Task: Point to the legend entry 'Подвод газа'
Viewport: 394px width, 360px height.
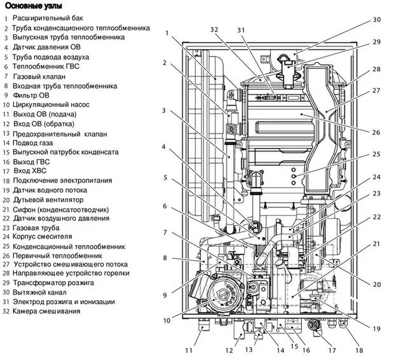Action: [35, 143]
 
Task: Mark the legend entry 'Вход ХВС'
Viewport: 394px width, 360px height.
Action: [31, 172]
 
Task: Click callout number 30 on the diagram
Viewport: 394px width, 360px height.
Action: [377, 20]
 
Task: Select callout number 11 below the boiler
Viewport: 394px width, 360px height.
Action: [188, 349]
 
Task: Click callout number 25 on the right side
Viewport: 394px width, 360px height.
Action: [376, 154]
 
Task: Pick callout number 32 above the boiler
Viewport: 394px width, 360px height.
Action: [214, 30]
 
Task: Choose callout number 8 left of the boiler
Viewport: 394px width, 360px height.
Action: [165, 258]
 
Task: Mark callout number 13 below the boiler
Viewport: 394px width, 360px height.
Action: [249, 350]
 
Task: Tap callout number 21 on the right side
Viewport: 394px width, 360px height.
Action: [376, 244]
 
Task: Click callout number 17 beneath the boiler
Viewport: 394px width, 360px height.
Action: [332, 350]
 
